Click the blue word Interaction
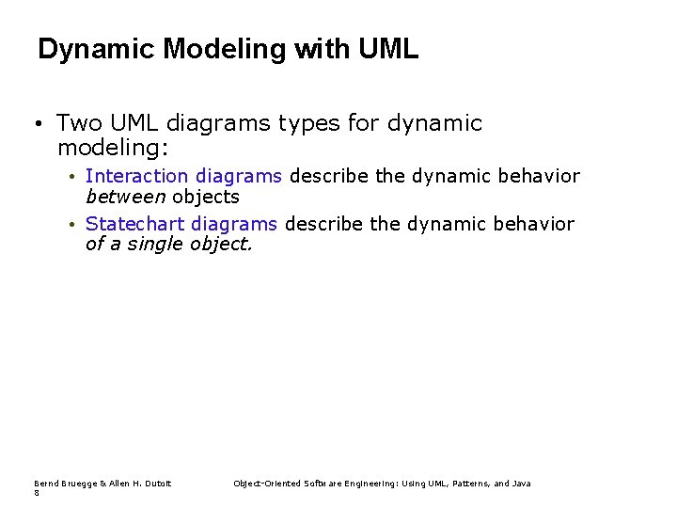137,176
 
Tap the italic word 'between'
125,197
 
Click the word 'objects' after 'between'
205,197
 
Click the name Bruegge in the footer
77,484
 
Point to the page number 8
37,493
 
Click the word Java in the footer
522,484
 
